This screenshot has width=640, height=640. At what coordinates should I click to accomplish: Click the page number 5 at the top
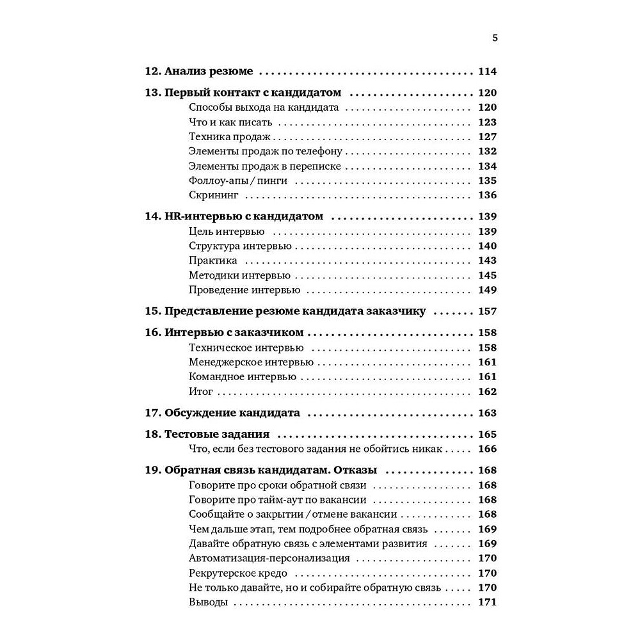click(x=494, y=38)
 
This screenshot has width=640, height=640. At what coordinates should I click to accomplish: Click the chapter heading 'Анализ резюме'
click(x=209, y=72)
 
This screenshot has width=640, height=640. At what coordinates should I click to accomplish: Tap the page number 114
click(x=487, y=72)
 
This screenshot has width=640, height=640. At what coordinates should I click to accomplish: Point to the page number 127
click(x=487, y=136)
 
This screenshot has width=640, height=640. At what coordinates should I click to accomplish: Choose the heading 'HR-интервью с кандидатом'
click(x=244, y=216)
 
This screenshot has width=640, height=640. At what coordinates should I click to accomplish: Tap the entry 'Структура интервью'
click(x=240, y=246)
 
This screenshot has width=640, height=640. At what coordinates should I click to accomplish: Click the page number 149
click(x=487, y=290)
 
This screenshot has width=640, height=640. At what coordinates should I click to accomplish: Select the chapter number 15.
click(x=152, y=312)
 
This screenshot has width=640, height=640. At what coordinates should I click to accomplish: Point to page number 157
click(x=487, y=312)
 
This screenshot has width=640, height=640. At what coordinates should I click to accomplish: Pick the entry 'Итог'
click(x=201, y=392)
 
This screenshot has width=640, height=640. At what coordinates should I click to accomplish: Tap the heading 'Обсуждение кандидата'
click(x=232, y=413)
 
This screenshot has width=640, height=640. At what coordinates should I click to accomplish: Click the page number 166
click(x=487, y=449)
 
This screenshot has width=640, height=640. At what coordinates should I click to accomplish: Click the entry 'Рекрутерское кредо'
click(x=238, y=573)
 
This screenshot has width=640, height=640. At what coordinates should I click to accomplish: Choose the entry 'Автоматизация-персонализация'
click(x=269, y=558)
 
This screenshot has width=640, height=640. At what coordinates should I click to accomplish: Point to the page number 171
click(x=487, y=602)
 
